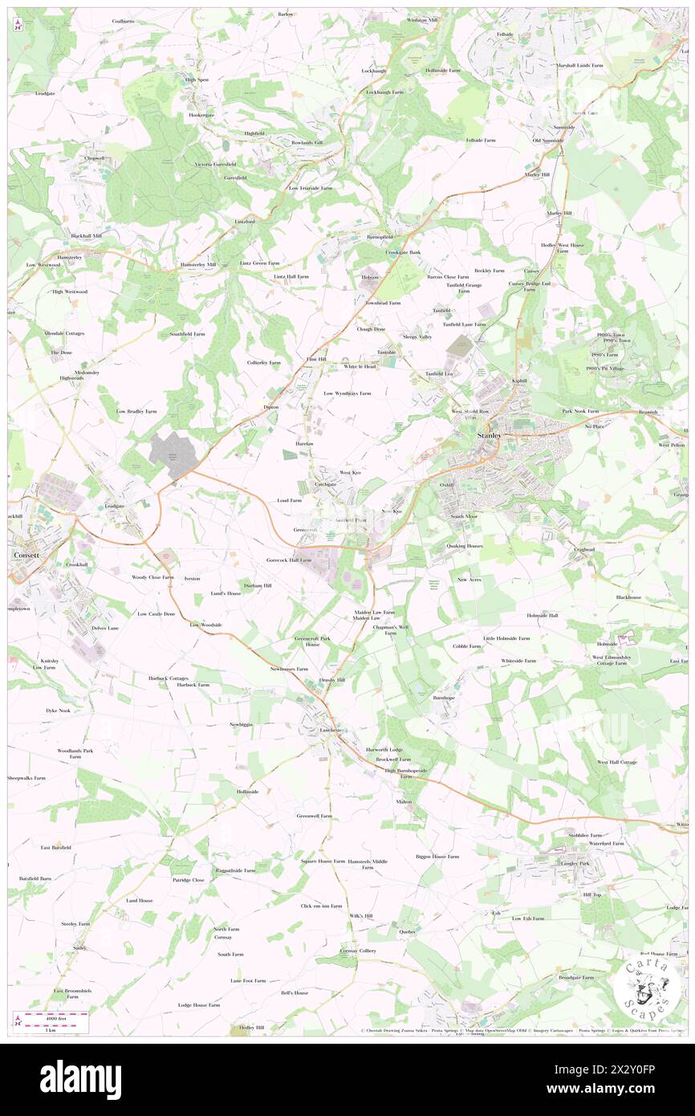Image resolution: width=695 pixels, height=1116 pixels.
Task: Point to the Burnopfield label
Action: click(379, 238)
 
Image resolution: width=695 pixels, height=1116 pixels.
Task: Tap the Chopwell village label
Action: click(95, 158)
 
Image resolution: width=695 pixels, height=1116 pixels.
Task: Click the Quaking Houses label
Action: click(465, 545)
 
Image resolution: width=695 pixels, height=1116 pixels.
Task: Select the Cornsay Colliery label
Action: click(358, 951)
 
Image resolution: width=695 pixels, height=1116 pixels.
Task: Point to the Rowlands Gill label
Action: click(307, 142)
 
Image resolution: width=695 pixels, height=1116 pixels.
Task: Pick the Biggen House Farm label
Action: click(437, 856)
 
